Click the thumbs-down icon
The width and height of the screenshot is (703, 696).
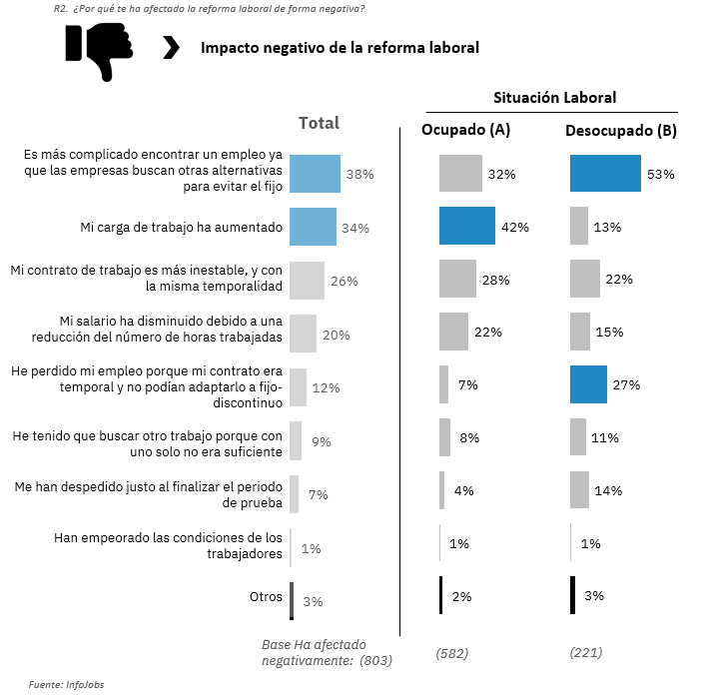tap(99, 49)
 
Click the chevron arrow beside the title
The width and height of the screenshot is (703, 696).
tap(171, 48)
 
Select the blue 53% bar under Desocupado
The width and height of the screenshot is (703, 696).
tap(605, 173)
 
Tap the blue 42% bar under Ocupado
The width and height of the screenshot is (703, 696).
tap(466, 226)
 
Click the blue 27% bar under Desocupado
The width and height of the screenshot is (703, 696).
tap(588, 384)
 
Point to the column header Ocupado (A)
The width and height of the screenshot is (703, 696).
tap(466, 130)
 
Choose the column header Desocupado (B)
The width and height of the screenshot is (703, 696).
tap(621, 130)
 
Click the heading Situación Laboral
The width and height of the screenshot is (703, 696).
tap(554, 97)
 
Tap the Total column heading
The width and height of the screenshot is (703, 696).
tap(320, 123)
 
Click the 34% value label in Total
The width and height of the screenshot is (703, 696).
tap(355, 228)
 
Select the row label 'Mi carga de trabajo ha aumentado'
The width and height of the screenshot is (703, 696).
tap(182, 227)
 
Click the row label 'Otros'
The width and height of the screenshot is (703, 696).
tap(266, 596)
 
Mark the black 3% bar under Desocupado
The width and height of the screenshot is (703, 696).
tap(572, 595)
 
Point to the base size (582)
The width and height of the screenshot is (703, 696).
tap(452, 653)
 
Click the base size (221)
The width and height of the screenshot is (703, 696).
tap(586, 653)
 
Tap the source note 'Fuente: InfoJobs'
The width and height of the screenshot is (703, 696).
tap(66, 684)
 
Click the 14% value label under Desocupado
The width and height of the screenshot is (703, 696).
tap(608, 490)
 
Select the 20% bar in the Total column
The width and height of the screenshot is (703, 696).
tap(303, 334)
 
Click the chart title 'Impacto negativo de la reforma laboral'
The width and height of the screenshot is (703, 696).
tap(340, 48)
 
